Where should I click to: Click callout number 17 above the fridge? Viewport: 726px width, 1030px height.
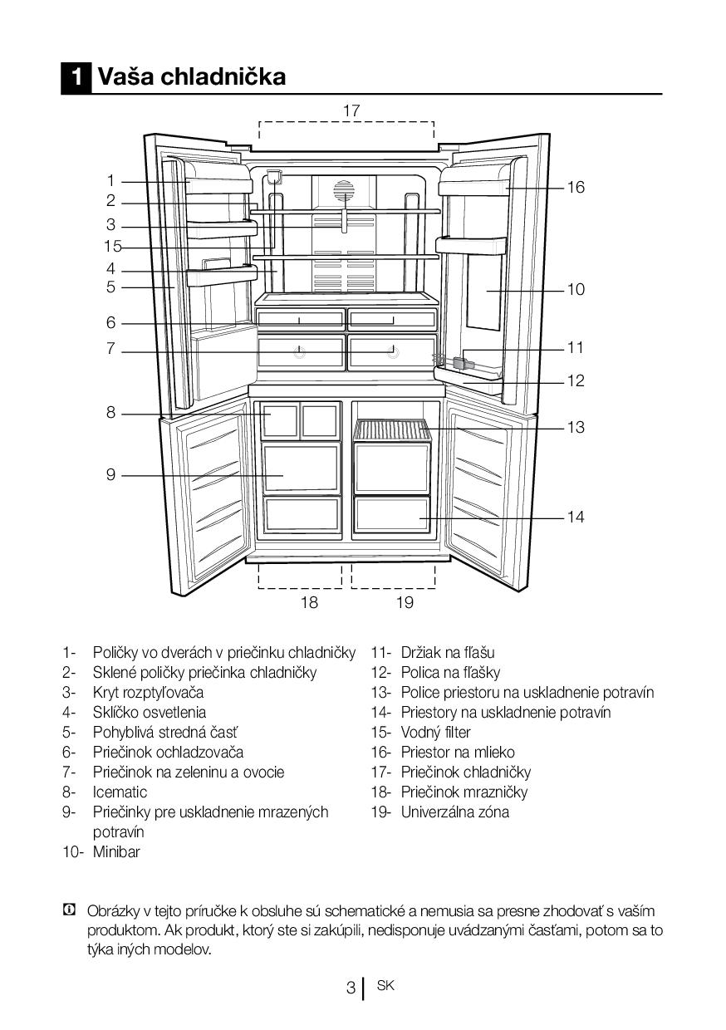(x=351, y=110)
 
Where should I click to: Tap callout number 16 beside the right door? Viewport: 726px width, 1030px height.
(x=576, y=188)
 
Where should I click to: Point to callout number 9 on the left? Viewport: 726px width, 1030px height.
(x=110, y=475)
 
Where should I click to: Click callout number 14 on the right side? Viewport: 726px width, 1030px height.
(x=576, y=517)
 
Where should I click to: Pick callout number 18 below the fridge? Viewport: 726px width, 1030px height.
(x=308, y=602)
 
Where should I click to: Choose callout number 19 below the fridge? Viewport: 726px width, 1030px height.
(x=405, y=602)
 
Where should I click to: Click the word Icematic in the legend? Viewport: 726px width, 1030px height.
(x=120, y=792)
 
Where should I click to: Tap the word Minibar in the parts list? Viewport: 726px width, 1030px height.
(x=116, y=851)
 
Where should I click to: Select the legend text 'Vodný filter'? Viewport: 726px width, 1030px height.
(x=435, y=732)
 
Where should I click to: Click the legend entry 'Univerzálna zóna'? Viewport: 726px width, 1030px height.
(x=454, y=812)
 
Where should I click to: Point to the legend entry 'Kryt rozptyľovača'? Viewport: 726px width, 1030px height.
(x=148, y=692)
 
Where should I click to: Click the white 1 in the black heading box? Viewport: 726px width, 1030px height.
(x=76, y=77)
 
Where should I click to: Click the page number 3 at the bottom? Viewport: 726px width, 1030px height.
(x=351, y=988)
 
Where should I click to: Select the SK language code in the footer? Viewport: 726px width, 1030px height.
(x=385, y=986)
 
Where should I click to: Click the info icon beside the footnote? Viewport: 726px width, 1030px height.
(x=70, y=910)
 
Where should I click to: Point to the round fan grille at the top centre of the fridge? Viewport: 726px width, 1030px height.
(x=344, y=191)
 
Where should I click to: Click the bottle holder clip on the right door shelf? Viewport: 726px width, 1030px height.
(x=463, y=363)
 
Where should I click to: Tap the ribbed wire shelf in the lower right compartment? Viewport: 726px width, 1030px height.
(x=392, y=429)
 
